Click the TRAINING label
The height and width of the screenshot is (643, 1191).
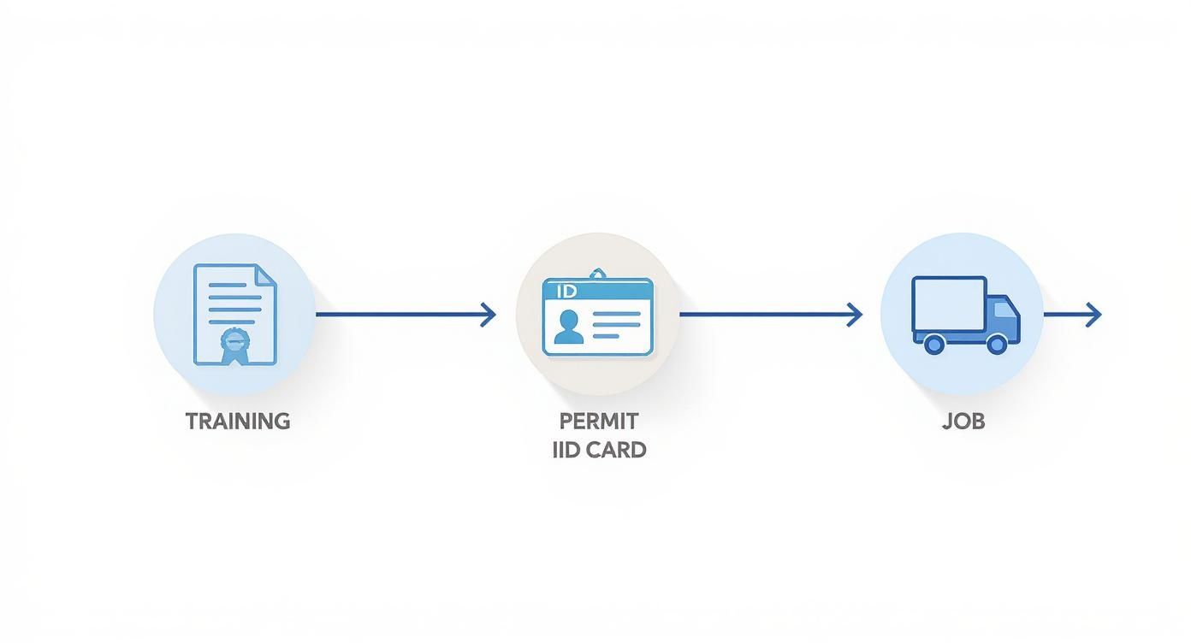(x=238, y=421)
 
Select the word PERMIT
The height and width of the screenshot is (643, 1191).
(x=599, y=421)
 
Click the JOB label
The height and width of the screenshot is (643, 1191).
(x=963, y=421)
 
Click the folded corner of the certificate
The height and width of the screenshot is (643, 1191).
(x=268, y=274)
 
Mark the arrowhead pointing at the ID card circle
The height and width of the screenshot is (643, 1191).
(x=489, y=315)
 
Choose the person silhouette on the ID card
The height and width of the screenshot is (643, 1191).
(x=568, y=327)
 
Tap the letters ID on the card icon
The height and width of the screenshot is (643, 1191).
(x=566, y=291)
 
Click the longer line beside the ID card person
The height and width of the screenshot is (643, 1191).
(x=616, y=315)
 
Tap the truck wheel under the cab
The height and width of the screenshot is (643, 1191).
(x=996, y=344)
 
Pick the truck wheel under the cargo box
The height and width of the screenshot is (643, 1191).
(x=933, y=344)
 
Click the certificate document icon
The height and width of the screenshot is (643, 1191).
(x=234, y=315)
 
